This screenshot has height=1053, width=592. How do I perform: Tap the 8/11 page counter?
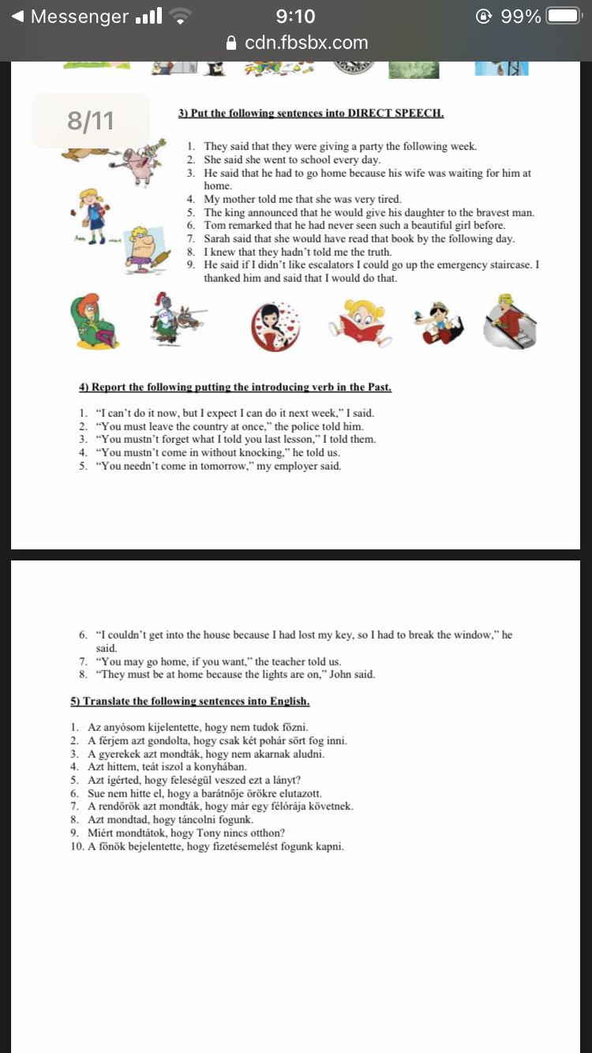coord(91,121)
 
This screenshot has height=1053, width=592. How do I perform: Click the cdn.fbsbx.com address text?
coord(306,43)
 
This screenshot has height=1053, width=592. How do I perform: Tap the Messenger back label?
coord(79,17)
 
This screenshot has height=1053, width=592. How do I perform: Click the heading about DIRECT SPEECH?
coord(311,114)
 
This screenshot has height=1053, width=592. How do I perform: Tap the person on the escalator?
coord(510,320)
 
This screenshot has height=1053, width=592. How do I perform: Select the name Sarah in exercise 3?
coord(219,238)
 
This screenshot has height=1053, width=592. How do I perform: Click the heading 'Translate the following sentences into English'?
coord(190,701)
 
